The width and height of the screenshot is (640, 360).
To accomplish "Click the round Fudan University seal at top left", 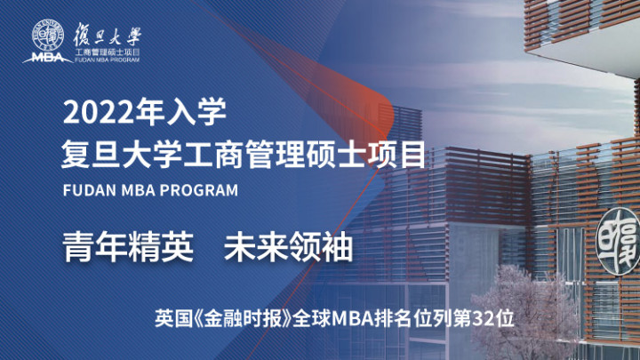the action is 48,35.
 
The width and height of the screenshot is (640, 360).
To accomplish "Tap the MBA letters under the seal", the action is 47,58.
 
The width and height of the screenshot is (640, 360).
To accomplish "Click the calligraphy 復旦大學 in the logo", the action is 107,35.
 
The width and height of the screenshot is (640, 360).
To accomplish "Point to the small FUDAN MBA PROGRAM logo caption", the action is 107,60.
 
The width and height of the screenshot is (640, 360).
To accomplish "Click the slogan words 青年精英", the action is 128,246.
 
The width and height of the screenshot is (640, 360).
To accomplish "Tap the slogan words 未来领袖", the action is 288,246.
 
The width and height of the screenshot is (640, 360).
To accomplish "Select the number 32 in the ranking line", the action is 482,318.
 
